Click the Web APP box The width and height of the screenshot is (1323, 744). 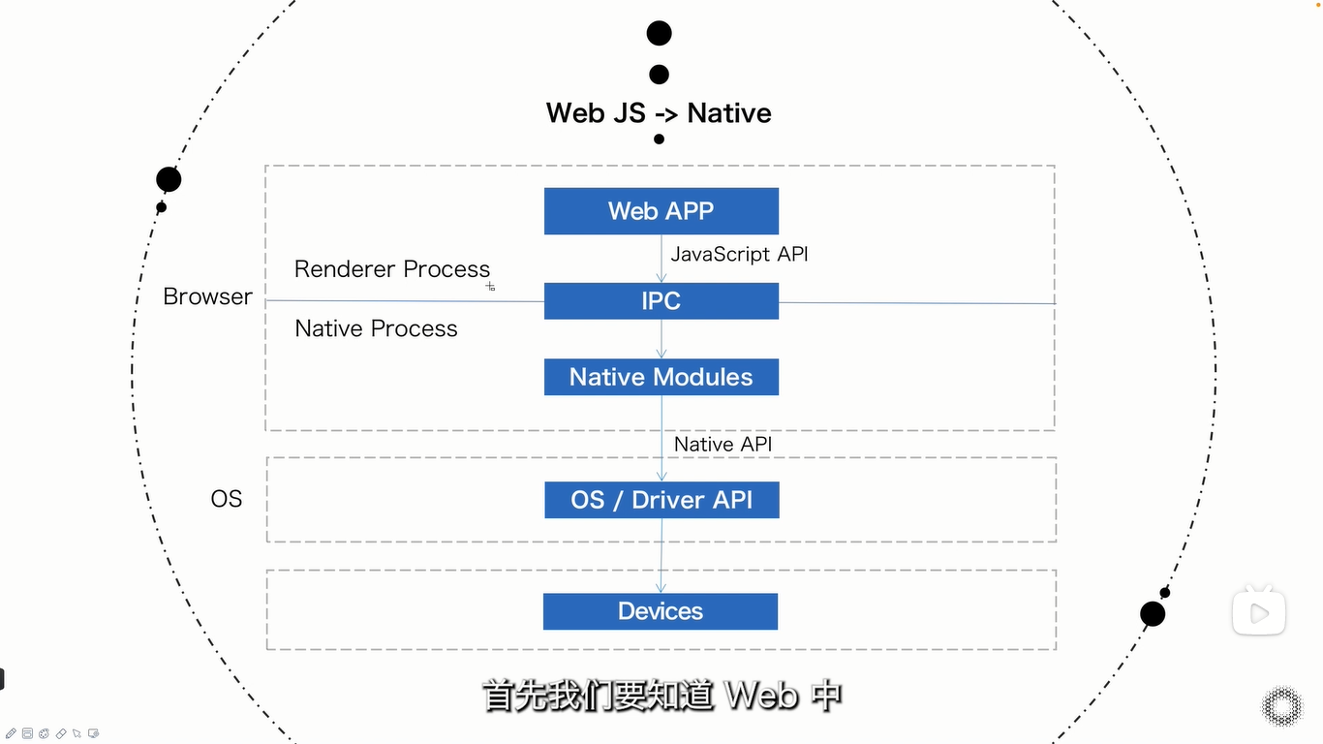click(x=661, y=211)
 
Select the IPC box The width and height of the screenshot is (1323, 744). click(x=661, y=301)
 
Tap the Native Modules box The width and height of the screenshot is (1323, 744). click(x=661, y=377)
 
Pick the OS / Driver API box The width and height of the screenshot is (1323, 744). click(x=661, y=500)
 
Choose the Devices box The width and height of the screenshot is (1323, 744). click(x=661, y=611)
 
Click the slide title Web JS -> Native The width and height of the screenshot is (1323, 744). click(x=659, y=113)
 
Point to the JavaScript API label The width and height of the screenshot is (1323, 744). click(x=739, y=254)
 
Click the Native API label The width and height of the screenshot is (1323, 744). click(x=723, y=444)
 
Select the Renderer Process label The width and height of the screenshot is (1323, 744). click(x=392, y=269)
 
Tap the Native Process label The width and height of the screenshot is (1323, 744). click(x=376, y=328)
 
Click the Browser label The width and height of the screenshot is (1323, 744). click(x=207, y=296)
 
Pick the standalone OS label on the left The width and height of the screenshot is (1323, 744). click(x=227, y=499)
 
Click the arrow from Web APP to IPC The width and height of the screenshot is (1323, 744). click(x=661, y=259)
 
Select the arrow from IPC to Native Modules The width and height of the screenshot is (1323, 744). click(x=661, y=339)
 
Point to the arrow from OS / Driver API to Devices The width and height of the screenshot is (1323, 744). click(x=661, y=555)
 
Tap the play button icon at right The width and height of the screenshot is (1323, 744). click(x=1258, y=612)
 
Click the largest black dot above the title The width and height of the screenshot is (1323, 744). click(x=660, y=34)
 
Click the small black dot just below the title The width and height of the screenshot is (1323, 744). click(x=660, y=139)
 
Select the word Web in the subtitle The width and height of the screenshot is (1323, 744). click(x=761, y=696)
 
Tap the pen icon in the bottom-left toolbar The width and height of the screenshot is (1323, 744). click(x=12, y=733)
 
